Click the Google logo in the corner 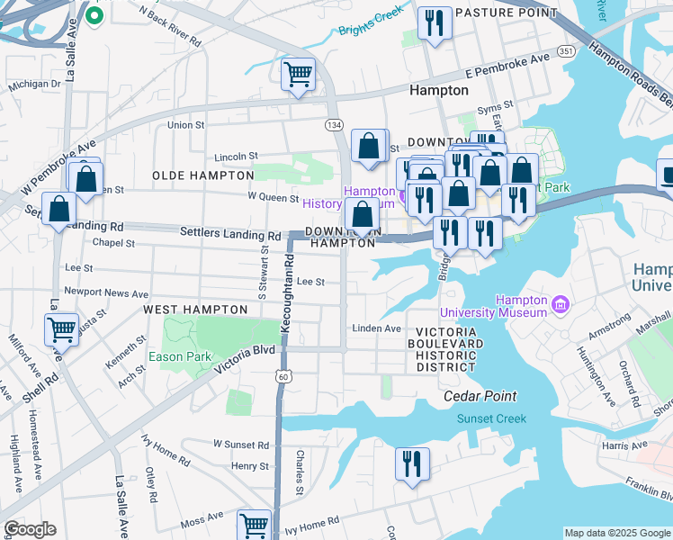(30, 529)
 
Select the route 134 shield (334, 123)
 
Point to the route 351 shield (566, 52)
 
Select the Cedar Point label (480, 396)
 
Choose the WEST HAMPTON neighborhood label (195, 310)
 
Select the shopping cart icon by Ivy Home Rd (255, 525)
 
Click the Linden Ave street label (376, 328)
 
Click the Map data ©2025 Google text (616, 533)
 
